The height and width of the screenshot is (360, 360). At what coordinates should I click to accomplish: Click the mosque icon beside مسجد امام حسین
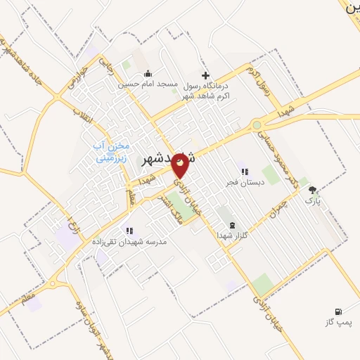pos(148,74)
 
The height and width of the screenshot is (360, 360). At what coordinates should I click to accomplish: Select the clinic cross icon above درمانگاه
pos(205,75)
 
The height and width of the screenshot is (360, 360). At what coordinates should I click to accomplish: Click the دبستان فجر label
pos(244,182)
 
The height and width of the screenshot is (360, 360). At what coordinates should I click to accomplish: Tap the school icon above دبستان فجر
pos(244,172)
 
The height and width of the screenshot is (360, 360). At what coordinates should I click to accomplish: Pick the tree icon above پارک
pos(312,190)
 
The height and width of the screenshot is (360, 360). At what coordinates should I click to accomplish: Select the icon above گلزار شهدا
pos(233,226)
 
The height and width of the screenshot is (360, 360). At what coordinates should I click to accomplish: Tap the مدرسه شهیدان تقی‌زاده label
pos(129,241)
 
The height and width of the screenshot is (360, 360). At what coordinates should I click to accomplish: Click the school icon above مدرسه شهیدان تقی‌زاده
pos(129,231)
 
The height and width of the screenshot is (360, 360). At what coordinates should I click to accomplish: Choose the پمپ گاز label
pos(337,321)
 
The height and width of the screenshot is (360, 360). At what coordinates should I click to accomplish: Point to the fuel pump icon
pos(338,311)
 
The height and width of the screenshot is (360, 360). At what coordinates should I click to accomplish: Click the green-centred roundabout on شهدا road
pos(257,125)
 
